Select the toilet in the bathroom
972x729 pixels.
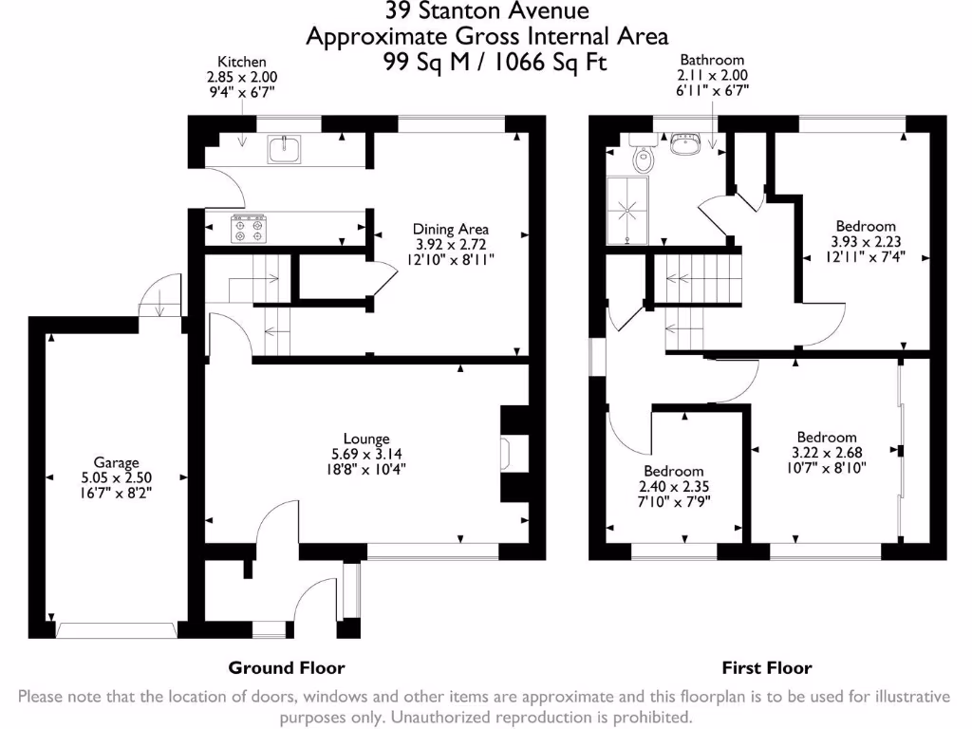(x=643, y=157)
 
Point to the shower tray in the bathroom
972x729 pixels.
(x=627, y=209)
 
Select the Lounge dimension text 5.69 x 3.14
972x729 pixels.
(x=366, y=453)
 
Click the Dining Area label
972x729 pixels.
(x=450, y=229)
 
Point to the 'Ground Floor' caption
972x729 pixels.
(x=287, y=667)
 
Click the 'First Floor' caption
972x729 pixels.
(x=767, y=667)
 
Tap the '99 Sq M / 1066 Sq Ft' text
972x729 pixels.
(x=486, y=63)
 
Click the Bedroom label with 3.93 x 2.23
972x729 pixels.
(x=865, y=226)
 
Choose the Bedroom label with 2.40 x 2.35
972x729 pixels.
(x=674, y=471)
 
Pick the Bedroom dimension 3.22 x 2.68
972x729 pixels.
(x=826, y=453)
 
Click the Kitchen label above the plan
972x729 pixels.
(x=242, y=62)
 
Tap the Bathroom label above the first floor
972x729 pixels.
(x=712, y=60)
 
